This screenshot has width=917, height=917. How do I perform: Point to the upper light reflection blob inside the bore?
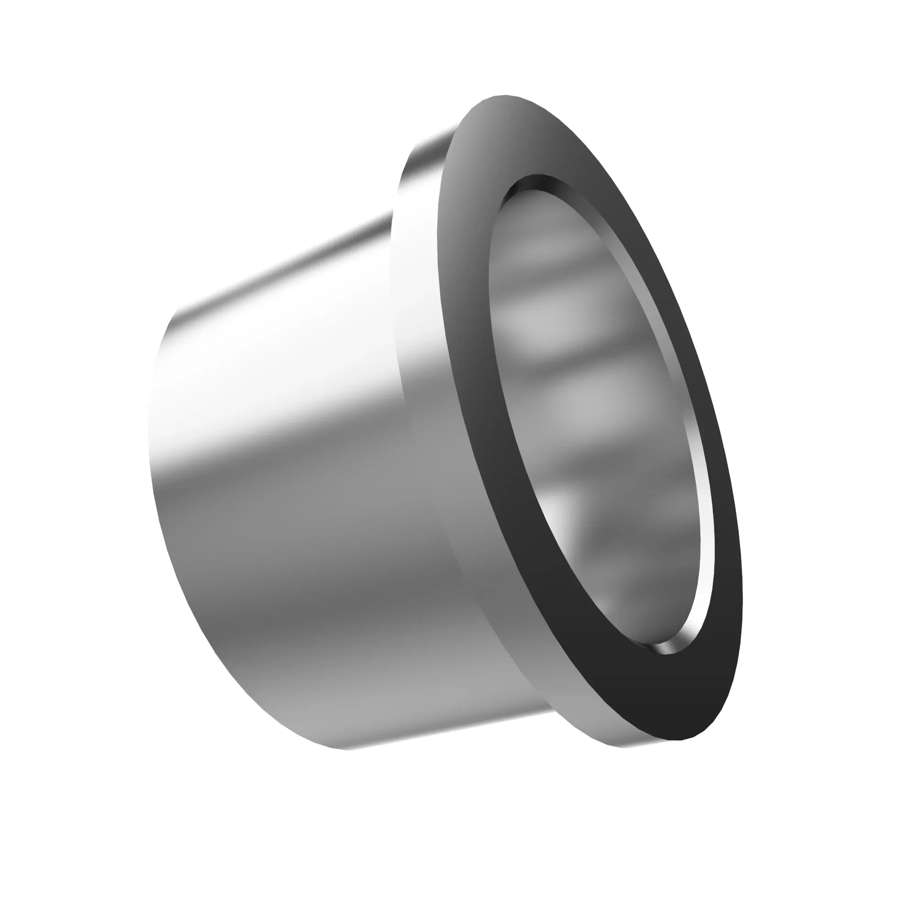tap(536, 252)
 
